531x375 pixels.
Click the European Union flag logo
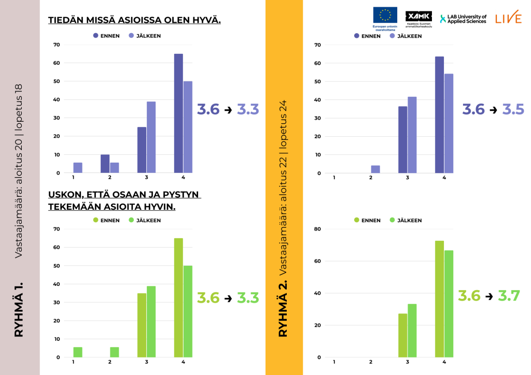click(x=385, y=15)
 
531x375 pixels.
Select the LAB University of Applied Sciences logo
click(x=463, y=19)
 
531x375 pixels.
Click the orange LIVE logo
click(x=508, y=18)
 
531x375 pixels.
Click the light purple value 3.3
click(x=248, y=110)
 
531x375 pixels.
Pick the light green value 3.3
click(x=248, y=298)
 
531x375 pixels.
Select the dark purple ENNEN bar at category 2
click(x=105, y=164)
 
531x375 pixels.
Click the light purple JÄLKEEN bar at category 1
click(x=78, y=168)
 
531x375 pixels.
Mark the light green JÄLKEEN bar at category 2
click(x=115, y=352)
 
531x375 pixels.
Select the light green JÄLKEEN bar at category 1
click(x=78, y=352)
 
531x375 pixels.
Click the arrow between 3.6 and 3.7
click(x=489, y=297)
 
